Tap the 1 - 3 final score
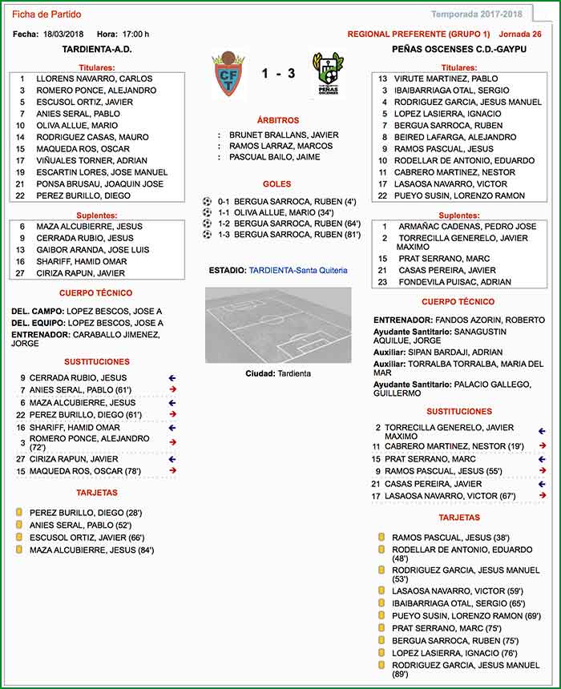(x=278, y=74)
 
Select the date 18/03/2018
(x=65, y=34)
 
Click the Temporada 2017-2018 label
(x=476, y=14)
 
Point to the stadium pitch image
(x=277, y=324)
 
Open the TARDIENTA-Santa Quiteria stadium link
(x=298, y=271)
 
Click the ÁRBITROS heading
(x=277, y=120)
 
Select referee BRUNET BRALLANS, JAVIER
(x=284, y=135)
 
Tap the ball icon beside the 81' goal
(x=208, y=235)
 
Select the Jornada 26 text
(x=519, y=34)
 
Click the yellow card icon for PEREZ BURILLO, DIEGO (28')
(x=18, y=512)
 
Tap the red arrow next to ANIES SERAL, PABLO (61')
(x=172, y=390)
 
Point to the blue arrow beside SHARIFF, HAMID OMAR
(x=172, y=427)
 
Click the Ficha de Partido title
(x=46, y=14)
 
